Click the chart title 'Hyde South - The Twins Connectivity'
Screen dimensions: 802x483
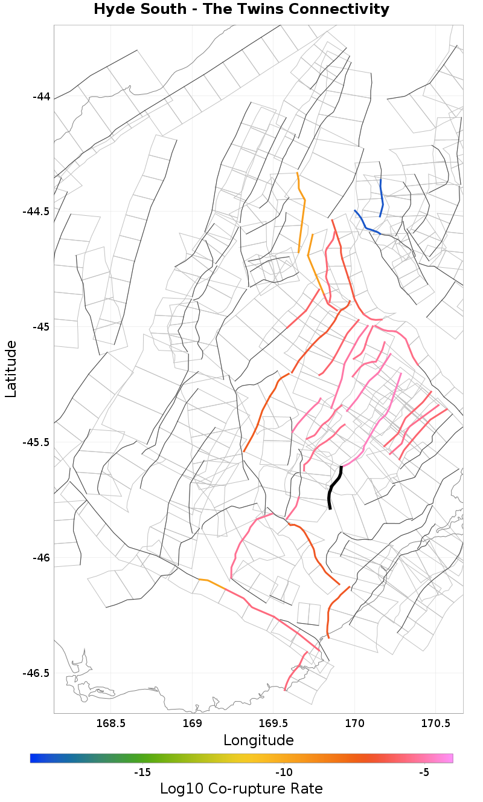tap(241, 10)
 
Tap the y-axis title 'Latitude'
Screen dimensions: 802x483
tap(11, 369)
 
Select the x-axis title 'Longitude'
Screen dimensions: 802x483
tap(258, 740)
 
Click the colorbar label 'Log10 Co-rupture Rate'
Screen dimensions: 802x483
tap(241, 789)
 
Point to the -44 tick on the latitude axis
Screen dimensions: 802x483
tap(41, 97)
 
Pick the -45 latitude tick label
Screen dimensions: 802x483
tap(41, 327)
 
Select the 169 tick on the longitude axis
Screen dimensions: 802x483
tap(192, 723)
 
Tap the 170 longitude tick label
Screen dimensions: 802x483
tap(354, 723)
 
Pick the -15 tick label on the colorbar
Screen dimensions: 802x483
tap(142, 772)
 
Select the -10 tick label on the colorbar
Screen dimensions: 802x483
tap(284, 772)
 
